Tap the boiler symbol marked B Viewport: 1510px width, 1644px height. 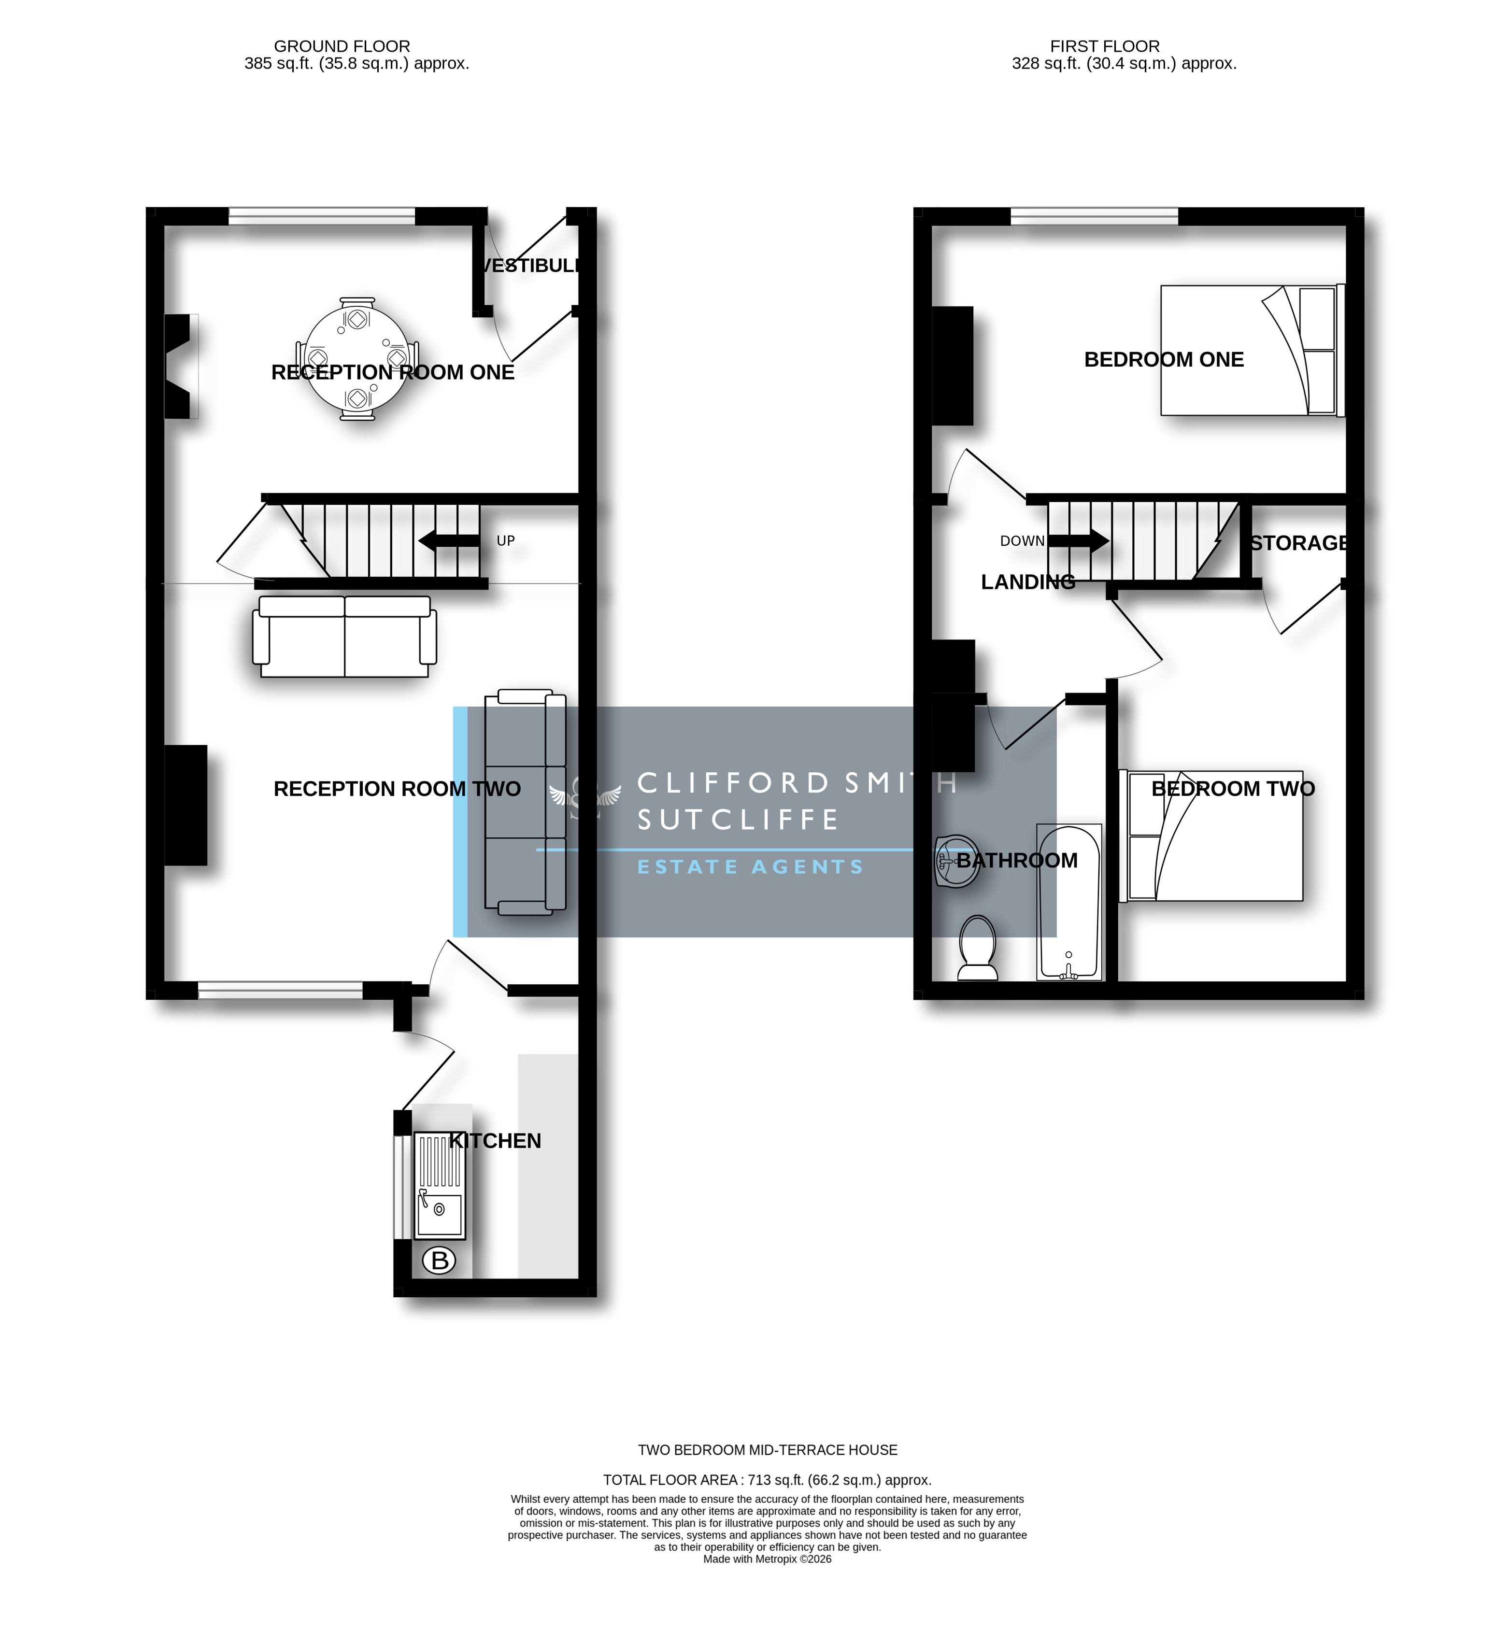pyautogui.click(x=440, y=1261)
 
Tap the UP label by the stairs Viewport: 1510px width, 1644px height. pyautogui.click(x=506, y=541)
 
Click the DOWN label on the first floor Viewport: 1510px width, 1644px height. pyautogui.click(x=1022, y=541)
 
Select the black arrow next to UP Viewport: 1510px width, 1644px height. pyautogui.click(x=449, y=541)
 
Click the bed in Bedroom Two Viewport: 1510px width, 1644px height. pyautogui.click(x=1211, y=836)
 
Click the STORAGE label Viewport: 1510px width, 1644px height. pyautogui.click(x=1299, y=543)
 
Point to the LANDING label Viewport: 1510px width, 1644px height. pyautogui.click(x=1028, y=582)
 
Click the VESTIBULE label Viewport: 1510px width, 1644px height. pyautogui.click(x=531, y=266)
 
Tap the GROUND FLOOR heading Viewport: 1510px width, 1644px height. pyautogui.click(x=342, y=46)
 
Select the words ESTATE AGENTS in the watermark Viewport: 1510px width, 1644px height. pyautogui.click(x=750, y=867)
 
